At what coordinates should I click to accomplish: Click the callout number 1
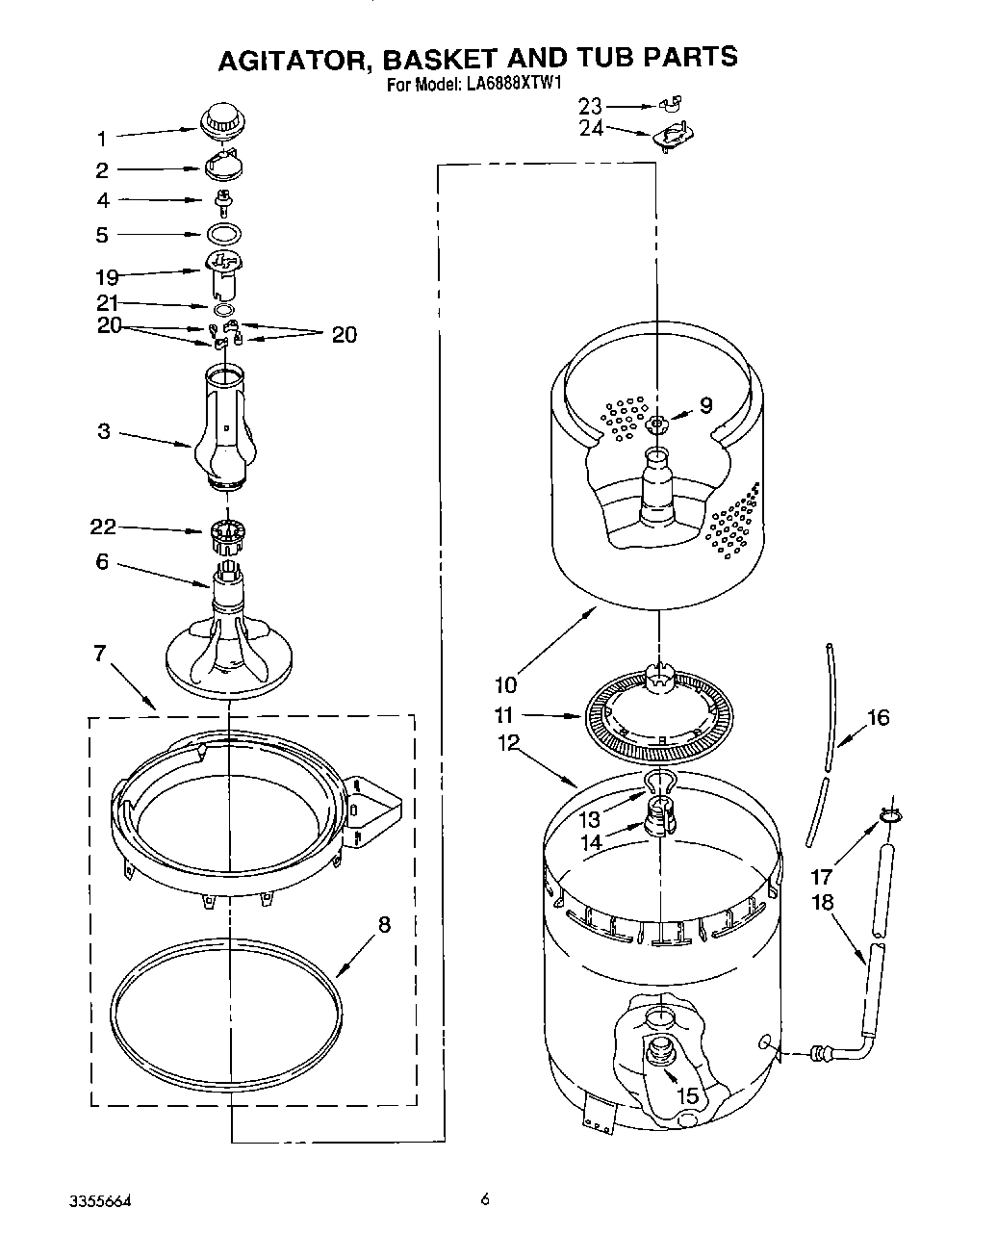(x=102, y=140)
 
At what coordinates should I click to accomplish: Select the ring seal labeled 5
(x=223, y=233)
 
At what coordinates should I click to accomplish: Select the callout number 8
(x=384, y=925)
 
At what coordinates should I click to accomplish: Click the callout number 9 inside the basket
(x=705, y=405)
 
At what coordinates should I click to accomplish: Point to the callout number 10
(x=505, y=684)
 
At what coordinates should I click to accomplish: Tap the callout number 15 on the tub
(x=686, y=1095)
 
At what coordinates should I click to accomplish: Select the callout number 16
(x=878, y=718)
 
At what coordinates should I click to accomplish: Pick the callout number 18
(x=822, y=903)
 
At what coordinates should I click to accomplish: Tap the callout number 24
(x=591, y=128)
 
